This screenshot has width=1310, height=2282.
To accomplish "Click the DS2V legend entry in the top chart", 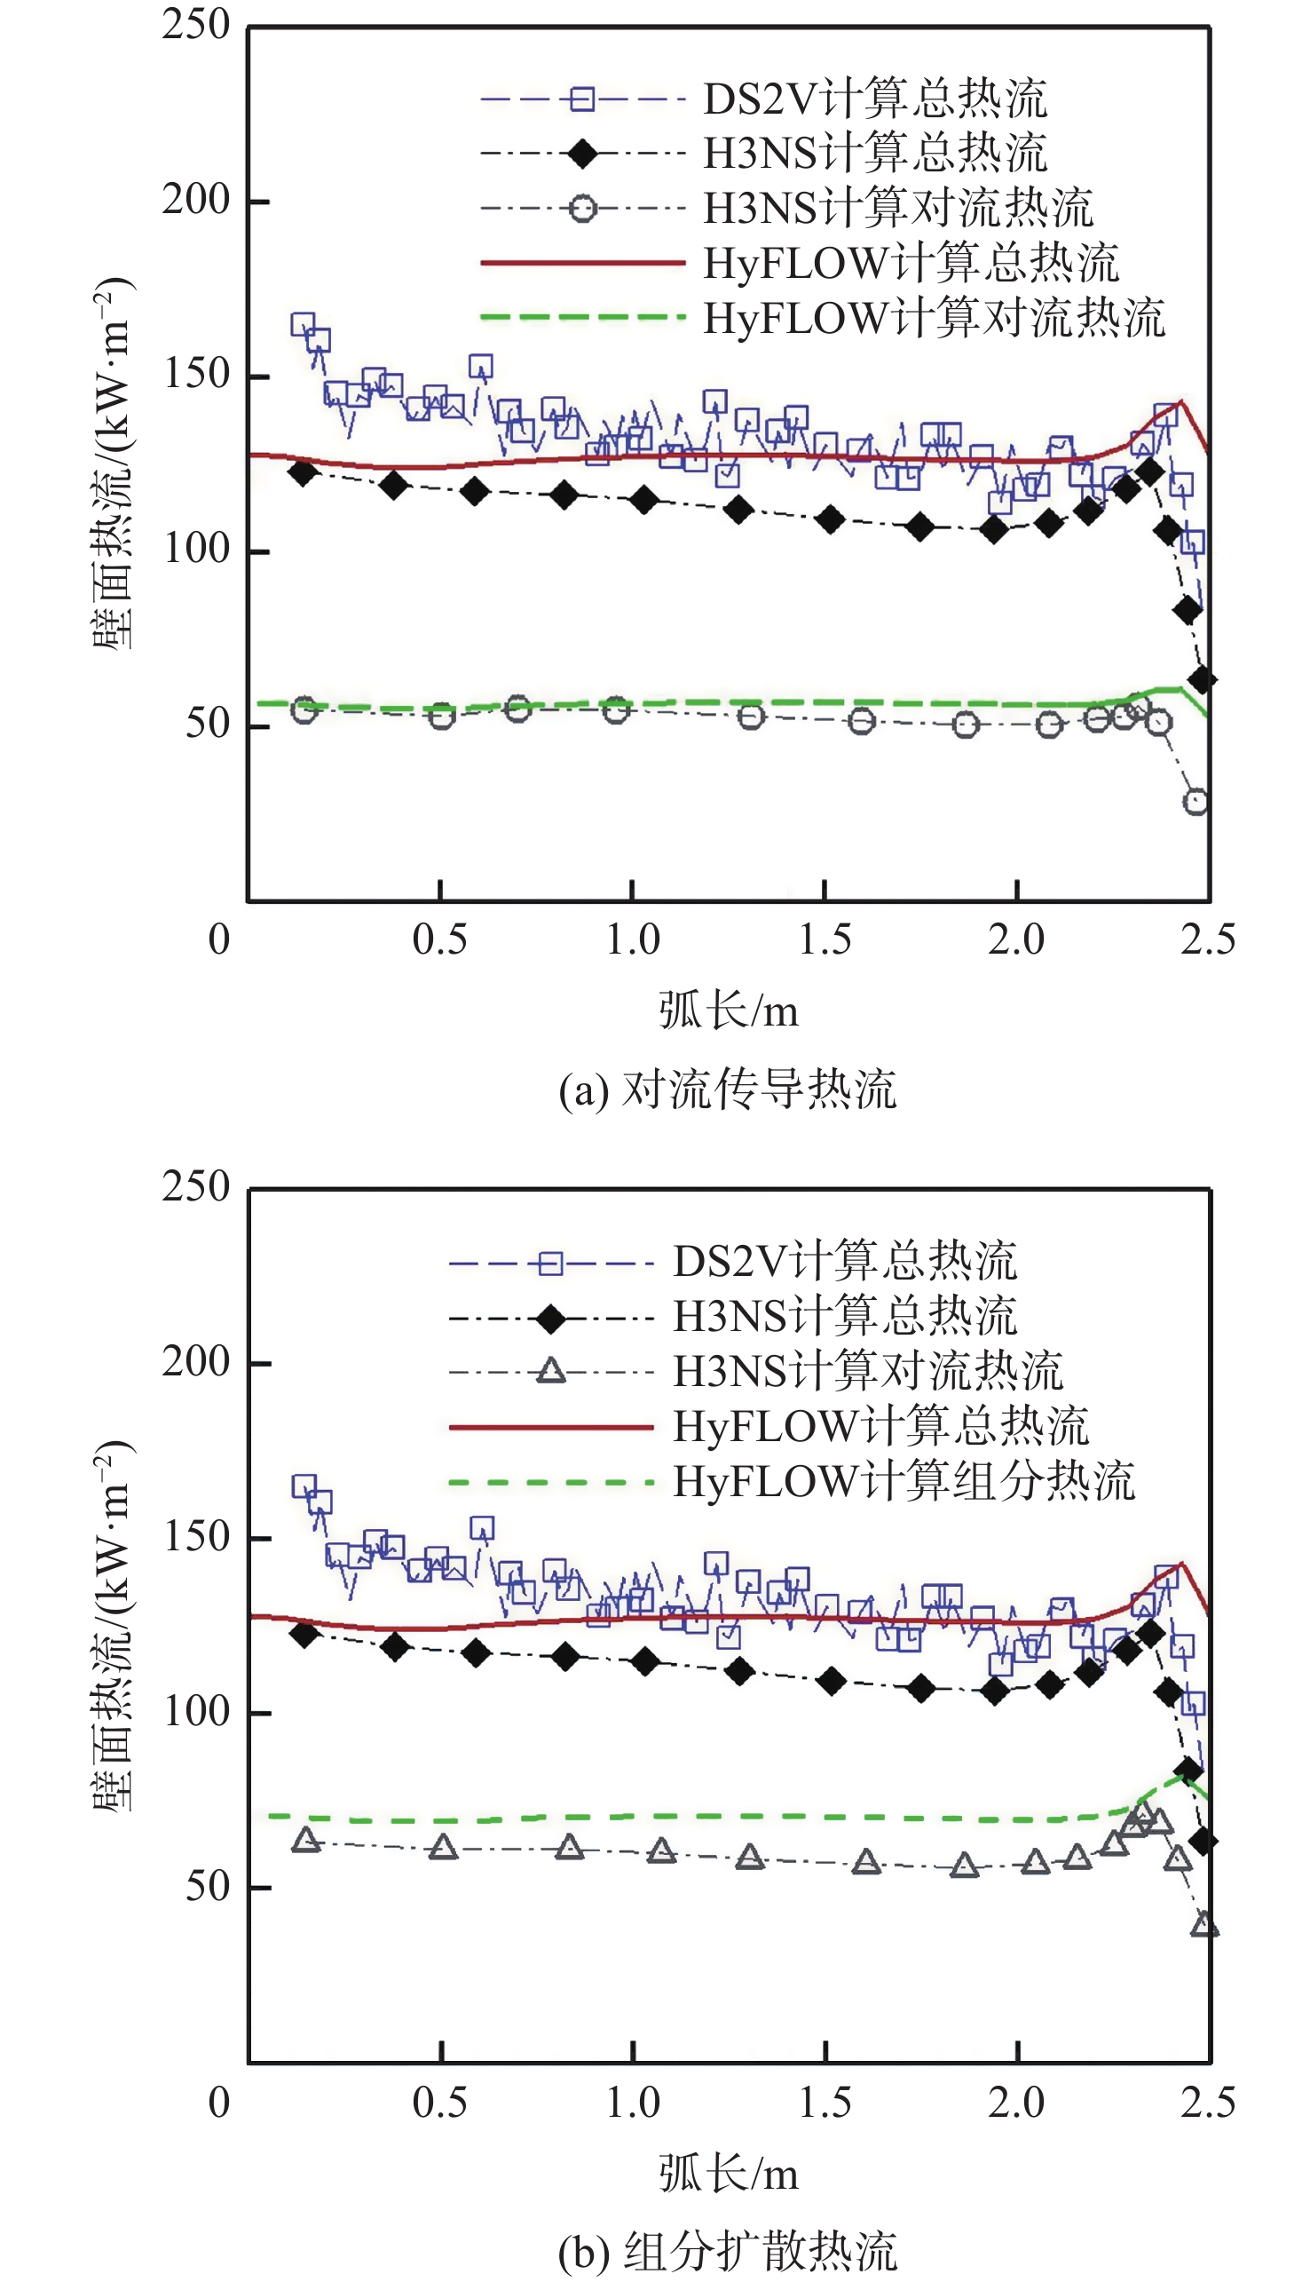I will [x=874, y=98].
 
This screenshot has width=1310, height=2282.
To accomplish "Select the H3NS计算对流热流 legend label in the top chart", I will [x=898, y=208].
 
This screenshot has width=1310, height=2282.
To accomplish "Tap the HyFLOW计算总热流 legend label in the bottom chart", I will [x=880, y=1426].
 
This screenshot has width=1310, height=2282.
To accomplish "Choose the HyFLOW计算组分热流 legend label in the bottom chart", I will [x=904, y=1481].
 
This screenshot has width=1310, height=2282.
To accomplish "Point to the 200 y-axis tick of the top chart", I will [x=196, y=200].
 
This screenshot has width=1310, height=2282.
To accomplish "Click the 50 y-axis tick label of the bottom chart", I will [x=208, y=1886].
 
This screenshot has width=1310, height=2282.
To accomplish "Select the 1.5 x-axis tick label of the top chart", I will [x=825, y=939].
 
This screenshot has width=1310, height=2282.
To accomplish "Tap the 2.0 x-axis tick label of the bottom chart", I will [x=1016, y=2103].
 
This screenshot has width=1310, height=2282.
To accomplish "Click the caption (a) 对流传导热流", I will [x=727, y=1089].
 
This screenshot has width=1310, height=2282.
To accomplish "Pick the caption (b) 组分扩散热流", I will [x=727, y=2252].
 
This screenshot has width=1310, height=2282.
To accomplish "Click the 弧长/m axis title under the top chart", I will [x=728, y=1010].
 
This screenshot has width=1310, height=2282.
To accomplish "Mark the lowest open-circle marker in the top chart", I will [x=1196, y=801].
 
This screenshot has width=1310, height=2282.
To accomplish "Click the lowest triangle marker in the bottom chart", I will [x=1203, y=1925].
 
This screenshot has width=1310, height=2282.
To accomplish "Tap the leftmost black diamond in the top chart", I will [x=304, y=471].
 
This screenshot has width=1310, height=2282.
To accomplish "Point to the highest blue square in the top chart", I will [x=304, y=324].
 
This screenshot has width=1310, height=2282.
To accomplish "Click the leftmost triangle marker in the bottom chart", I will [x=306, y=1839].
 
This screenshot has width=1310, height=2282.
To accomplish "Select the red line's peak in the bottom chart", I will [x=1181, y=1563].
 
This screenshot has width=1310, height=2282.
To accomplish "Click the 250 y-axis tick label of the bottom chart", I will [x=196, y=1187].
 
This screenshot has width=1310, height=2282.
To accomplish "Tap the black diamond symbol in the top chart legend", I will [x=583, y=154].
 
